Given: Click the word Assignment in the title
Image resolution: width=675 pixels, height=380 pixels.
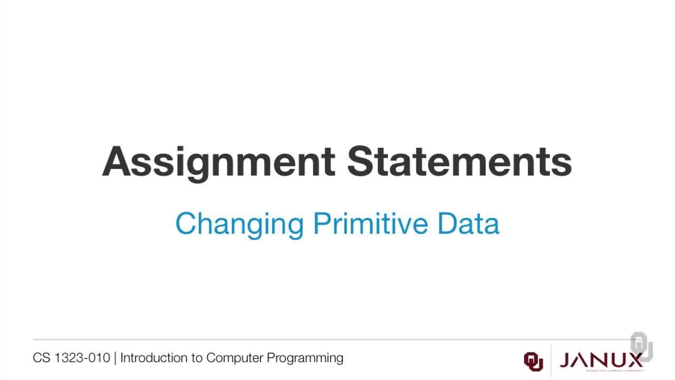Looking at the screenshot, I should pyautogui.click(x=218, y=161).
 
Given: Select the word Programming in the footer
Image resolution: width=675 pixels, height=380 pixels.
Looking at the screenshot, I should pyautogui.click(x=305, y=358).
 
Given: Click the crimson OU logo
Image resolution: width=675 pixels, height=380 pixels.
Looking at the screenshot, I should pyautogui.click(x=533, y=361).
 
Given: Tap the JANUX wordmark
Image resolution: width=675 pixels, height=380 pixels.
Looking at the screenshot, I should pyautogui.click(x=601, y=360).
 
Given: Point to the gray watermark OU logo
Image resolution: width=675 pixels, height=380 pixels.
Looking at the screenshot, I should pyautogui.click(x=641, y=346).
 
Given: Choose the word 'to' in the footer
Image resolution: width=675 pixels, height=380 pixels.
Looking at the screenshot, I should pyautogui.click(x=197, y=358).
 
